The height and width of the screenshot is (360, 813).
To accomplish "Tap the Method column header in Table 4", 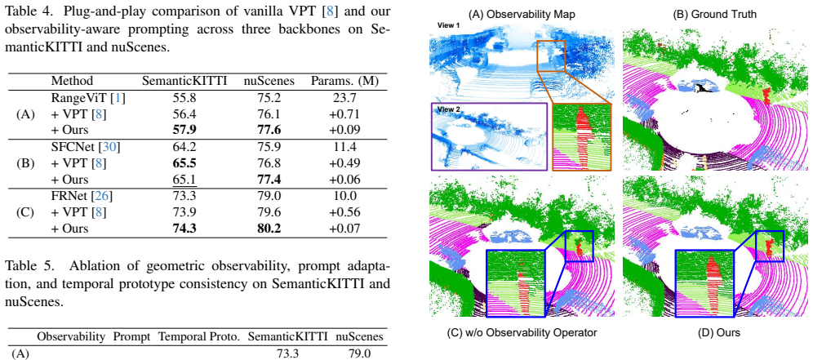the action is point(72,81).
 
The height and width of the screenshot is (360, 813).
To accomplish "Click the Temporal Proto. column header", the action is point(200,336).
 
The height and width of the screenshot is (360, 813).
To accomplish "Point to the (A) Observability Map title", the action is point(521,16).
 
